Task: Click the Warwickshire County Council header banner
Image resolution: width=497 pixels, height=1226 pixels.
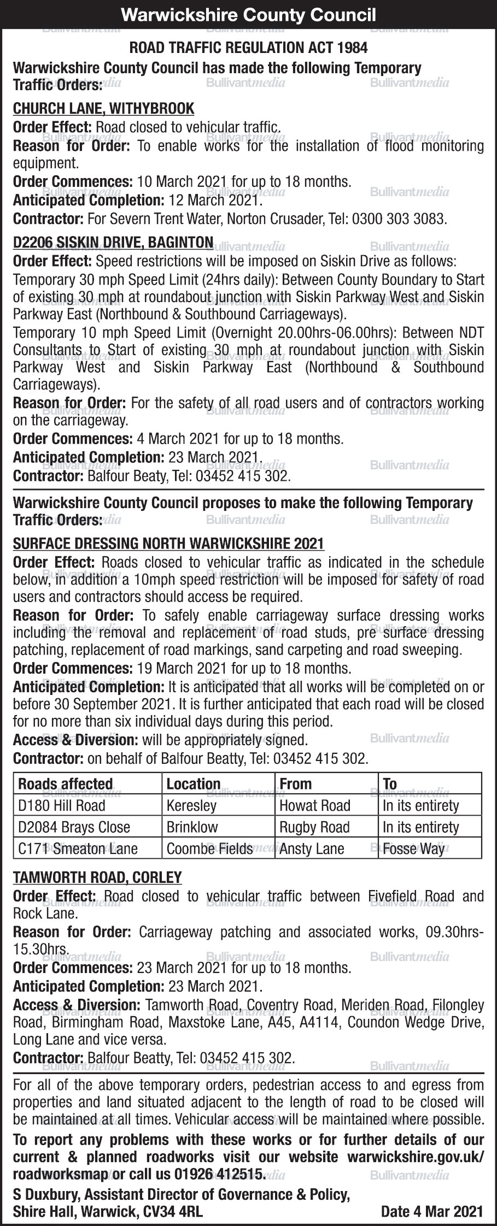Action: click(x=248, y=14)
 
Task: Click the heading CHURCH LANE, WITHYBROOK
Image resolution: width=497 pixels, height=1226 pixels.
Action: click(x=103, y=109)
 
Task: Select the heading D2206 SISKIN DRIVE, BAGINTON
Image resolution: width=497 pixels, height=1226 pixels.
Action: click(x=113, y=242)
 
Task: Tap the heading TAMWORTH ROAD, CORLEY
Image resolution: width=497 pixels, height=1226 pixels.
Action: click(x=97, y=877)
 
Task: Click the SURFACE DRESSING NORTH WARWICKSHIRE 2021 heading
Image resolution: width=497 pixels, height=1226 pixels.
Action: click(x=168, y=544)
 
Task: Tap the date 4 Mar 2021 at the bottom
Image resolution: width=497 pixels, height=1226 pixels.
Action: click(x=432, y=1212)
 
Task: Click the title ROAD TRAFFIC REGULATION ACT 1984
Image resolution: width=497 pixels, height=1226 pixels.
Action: click(x=248, y=48)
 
